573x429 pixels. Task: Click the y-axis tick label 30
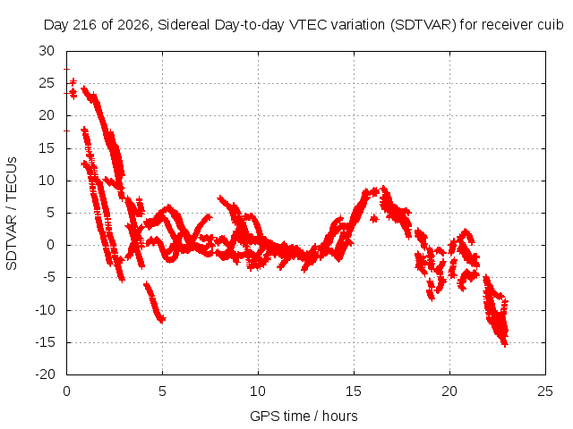pyautogui.click(x=47, y=51)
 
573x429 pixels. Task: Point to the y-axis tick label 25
pyautogui.click(x=47, y=83)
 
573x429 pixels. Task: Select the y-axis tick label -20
pyautogui.click(x=45, y=374)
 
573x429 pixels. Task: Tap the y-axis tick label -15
pyautogui.click(x=45, y=342)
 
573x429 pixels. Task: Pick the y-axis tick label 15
pyautogui.click(x=47, y=148)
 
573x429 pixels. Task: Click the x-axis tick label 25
pyautogui.click(x=545, y=391)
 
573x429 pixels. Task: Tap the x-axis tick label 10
pyautogui.click(x=258, y=391)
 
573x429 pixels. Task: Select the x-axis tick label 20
pyautogui.click(x=449, y=391)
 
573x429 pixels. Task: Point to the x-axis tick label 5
pyautogui.click(x=162, y=391)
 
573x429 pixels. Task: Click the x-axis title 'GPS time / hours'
pyautogui.click(x=304, y=416)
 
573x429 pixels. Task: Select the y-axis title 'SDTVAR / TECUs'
pyautogui.click(x=12, y=214)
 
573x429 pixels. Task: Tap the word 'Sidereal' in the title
pyautogui.click(x=184, y=25)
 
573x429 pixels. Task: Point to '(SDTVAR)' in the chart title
pyautogui.click(x=423, y=25)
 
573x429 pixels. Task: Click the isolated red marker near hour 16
pyautogui.click(x=373, y=219)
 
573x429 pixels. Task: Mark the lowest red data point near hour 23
pyautogui.click(x=505, y=343)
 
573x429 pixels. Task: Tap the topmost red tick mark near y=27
pyautogui.click(x=66, y=69)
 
